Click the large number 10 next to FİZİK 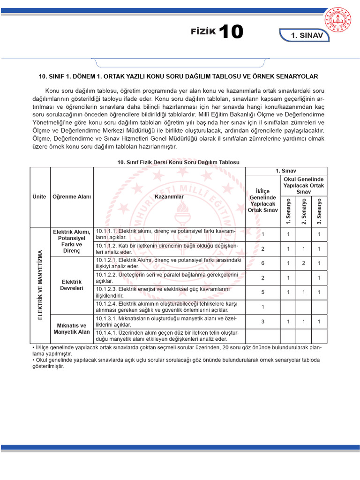click(x=231, y=32)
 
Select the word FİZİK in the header click(x=203, y=32)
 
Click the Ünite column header click(x=40, y=197)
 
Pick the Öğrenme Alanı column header click(x=72, y=197)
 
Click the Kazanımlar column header click(x=169, y=197)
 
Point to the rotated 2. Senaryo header click(x=304, y=211)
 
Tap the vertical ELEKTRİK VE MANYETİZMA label click(x=40, y=285)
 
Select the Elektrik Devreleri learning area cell click(x=72, y=285)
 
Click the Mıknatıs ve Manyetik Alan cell click(x=72, y=329)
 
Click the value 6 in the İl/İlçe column click(x=263, y=263)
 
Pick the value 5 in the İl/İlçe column click(x=263, y=292)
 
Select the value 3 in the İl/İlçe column click(x=263, y=322)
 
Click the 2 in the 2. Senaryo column click(x=304, y=263)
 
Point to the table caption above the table click(x=178, y=162)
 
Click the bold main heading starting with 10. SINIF click(x=178, y=76)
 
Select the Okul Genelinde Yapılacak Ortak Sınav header click(x=304, y=186)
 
